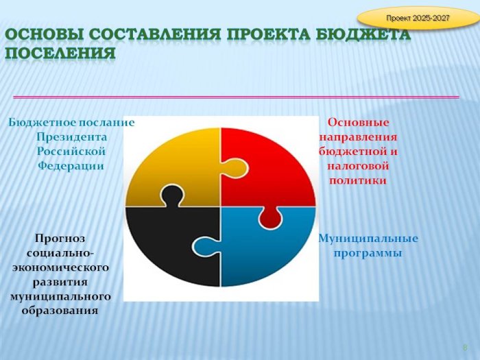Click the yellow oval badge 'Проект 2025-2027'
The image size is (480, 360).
[x=418, y=18]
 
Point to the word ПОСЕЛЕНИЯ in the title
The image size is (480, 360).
[x=60, y=53]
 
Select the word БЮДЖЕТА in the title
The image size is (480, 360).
[x=363, y=34]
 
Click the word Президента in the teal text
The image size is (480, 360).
[x=71, y=137]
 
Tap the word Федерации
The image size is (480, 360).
[x=71, y=166]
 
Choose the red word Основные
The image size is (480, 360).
[x=358, y=123]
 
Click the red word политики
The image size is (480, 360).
[x=358, y=180]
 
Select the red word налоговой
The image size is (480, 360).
[x=358, y=166]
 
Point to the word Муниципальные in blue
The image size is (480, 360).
[x=368, y=239]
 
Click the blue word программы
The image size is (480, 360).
[x=368, y=254]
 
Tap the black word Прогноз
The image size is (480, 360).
[x=60, y=238]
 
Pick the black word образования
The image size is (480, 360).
[x=60, y=311]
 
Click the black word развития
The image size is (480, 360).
[x=60, y=282]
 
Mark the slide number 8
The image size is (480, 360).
[x=465, y=348]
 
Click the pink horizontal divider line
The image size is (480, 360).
[x=236, y=97]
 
